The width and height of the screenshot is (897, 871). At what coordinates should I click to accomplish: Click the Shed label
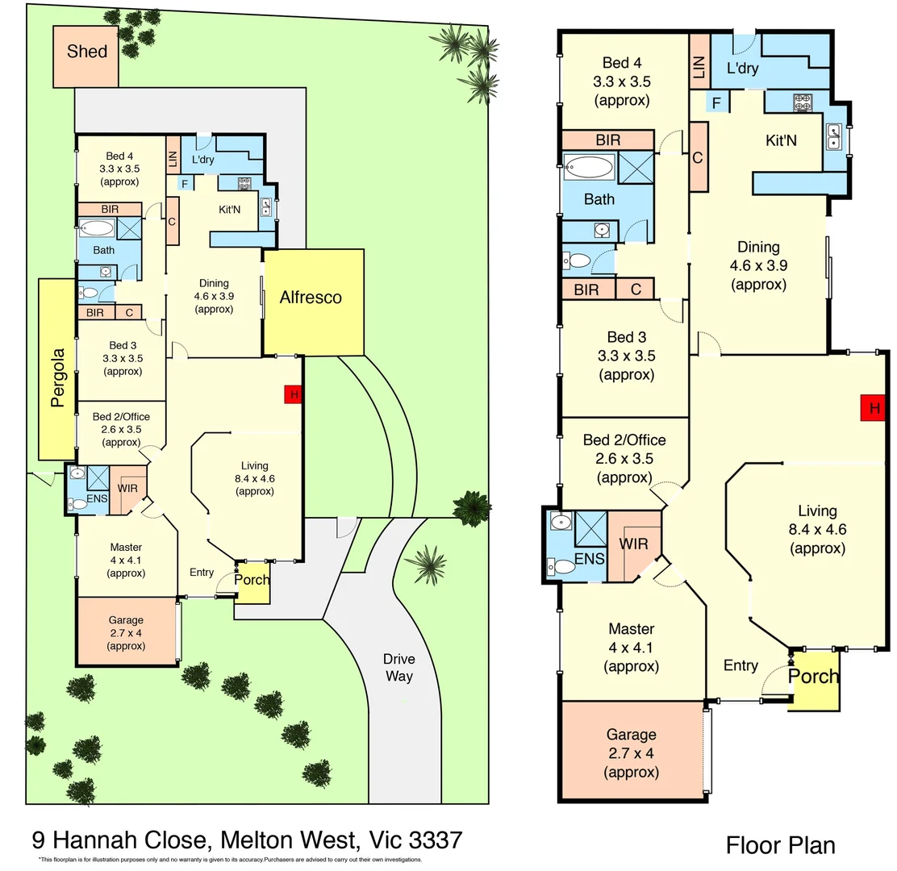click(86, 52)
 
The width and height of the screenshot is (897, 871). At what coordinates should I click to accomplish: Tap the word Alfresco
click(311, 298)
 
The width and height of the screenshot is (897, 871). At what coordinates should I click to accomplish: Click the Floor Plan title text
click(780, 845)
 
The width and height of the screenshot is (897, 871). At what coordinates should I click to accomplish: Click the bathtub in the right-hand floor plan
click(588, 169)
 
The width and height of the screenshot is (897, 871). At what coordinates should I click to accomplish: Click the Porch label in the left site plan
click(252, 580)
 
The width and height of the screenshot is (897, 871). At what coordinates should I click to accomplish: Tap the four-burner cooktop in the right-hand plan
click(803, 102)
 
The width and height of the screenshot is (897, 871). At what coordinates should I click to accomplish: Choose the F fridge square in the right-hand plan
click(715, 102)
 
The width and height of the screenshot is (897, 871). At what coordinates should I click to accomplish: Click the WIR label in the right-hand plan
click(634, 544)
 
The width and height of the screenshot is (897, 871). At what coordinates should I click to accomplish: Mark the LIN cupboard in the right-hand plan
click(699, 60)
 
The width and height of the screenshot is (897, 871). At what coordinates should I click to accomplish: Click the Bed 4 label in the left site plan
click(119, 156)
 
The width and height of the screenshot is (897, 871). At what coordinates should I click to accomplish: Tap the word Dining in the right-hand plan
click(758, 248)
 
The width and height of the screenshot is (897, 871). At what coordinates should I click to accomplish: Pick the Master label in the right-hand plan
click(631, 629)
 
